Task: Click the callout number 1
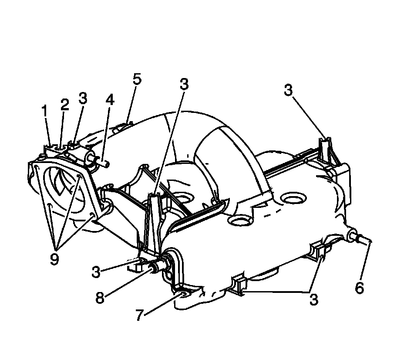44,111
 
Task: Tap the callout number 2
64,105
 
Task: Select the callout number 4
110,100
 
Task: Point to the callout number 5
137,79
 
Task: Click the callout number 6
359,288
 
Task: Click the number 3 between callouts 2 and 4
83,98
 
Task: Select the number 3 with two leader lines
314,299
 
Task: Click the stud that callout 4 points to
104,164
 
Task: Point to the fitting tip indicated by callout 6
366,239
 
